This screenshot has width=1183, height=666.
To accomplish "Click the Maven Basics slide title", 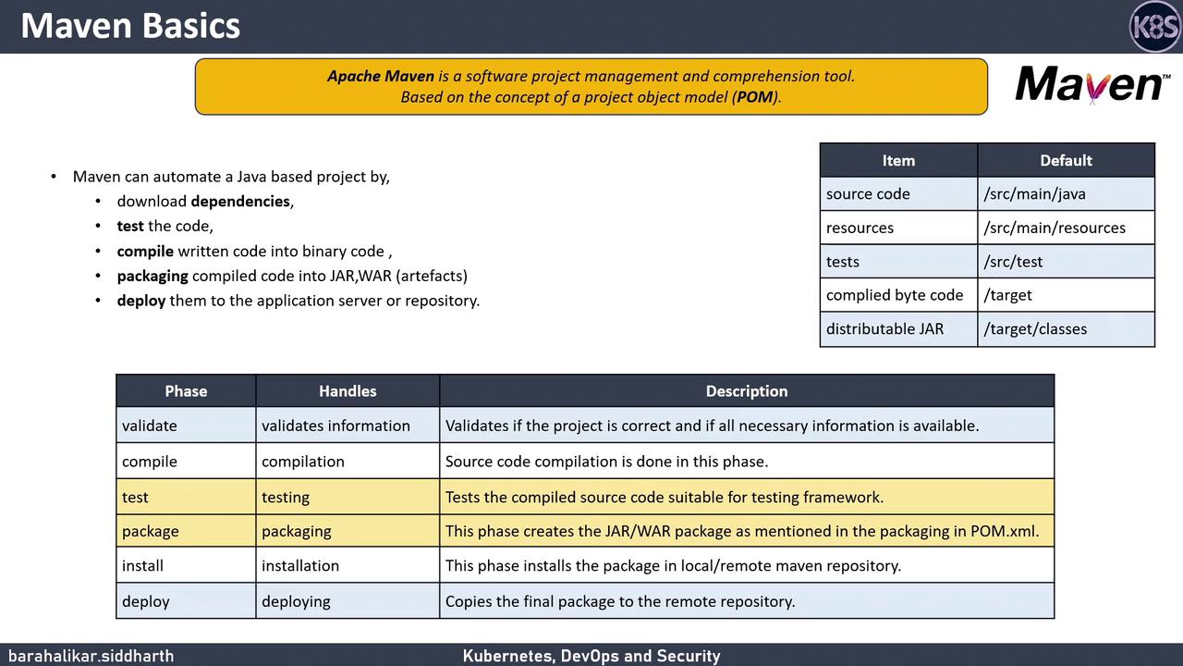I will pyautogui.click(x=130, y=26).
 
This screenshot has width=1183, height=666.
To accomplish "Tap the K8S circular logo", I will pyautogui.click(x=1154, y=27).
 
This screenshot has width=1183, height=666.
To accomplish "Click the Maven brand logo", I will pyautogui.click(x=1091, y=84).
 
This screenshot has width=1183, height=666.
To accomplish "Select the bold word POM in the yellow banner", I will pyautogui.click(x=755, y=97).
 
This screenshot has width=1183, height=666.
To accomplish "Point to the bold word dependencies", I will pyautogui.click(x=240, y=201).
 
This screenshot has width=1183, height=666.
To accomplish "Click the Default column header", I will pyautogui.click(x=1066, y=160).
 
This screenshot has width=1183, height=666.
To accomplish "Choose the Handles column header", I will pyautogui.click(x=348, y=390).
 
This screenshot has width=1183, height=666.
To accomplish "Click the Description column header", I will pyautogui.click(x=746, y=390).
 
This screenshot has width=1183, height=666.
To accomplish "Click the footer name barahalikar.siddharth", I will pyautogui.click(x=91, y=656).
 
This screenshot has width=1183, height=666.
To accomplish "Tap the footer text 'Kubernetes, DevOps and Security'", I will pyautogui.click(x=591, y=656).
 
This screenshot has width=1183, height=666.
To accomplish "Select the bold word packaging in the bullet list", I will pyautogui.click(x=152, y=276).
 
